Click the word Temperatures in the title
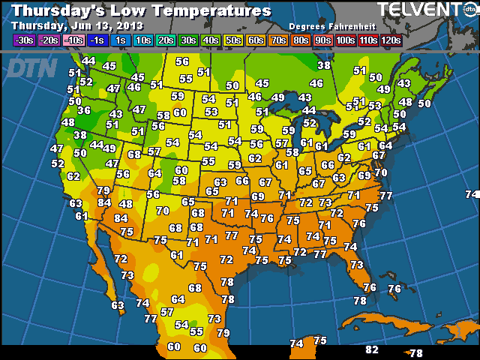pyautogui.click(x=214, y=11)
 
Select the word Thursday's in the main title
pyautogui.click(x=64, y=11)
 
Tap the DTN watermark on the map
pyautogui.click(x=30, y=69)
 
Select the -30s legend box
pyautogui.click(x=24, y=40)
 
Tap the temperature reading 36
pyautogui.click(x=84, y=110)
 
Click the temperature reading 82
pyautogui.click(x=371, y=350)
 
